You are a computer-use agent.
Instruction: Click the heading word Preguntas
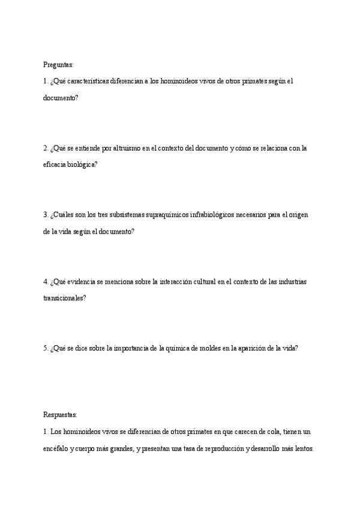[x=58, y=64]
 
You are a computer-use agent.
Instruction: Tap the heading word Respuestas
[x=60, y=415]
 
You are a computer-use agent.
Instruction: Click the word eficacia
[x=55, y=164]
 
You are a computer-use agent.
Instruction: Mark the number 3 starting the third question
[x=45, y=214]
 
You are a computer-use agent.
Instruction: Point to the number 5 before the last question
[x=45, y=348]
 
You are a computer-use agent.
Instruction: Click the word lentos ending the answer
[x=303, y=448]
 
